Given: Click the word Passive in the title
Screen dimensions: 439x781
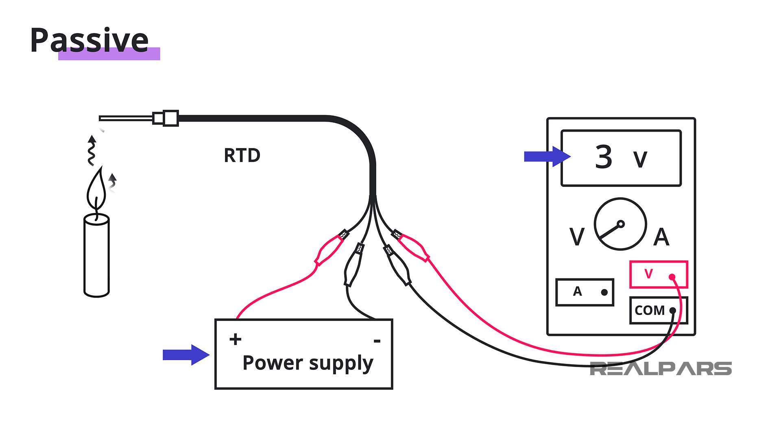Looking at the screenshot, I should (89, 40).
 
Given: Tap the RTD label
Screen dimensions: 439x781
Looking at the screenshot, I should (242, 155).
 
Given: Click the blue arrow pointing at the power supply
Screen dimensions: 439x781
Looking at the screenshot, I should (185, 355).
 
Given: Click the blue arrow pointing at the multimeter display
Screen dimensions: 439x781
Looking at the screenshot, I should (547, 156).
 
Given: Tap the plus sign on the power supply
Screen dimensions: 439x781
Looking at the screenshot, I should (236, 339).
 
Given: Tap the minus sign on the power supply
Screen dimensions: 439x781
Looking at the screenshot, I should (377, 341).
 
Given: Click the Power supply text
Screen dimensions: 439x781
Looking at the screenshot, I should (308, 363).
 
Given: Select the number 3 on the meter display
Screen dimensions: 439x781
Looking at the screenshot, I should (604, 157).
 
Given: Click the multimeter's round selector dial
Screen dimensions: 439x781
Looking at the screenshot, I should (620, 224).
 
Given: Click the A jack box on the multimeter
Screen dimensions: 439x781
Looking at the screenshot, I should (585, 292).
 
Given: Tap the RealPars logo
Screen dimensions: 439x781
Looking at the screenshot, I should (661, 369).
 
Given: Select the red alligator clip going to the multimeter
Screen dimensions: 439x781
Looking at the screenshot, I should (412, 246).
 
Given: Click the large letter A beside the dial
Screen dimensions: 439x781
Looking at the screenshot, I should (661, 237).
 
